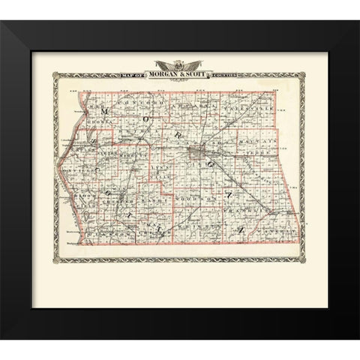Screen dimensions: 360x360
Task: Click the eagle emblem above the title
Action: [x=180, y=65]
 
